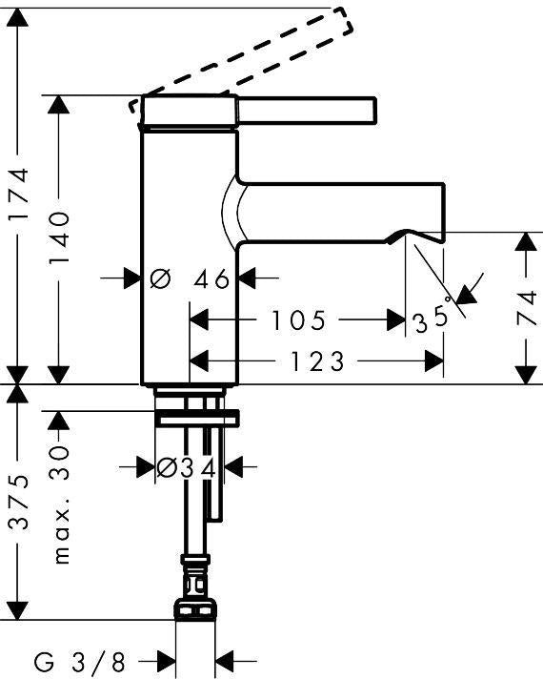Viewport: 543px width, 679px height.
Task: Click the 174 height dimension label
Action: [x=19, y=195]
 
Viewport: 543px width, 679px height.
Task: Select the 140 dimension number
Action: [x=59, y=238]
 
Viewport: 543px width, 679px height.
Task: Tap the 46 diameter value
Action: [x=211, y=278]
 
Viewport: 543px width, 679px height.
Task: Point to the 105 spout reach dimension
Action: [x=298, y=320]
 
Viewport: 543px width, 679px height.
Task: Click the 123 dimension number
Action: [x=317, y=361]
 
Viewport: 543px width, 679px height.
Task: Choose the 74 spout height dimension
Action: [x=527, y=308]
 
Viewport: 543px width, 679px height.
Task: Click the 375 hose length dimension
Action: [x=19, y=503]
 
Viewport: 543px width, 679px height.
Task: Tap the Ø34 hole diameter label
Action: [x=186, y=467]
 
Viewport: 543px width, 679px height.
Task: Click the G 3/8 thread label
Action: [x=80, y=662]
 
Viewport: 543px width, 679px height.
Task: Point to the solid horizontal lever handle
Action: [x=307, y=111]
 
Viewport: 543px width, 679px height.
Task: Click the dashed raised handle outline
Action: [x=241, y=61]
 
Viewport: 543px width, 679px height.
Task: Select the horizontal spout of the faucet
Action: [x=342, y=212]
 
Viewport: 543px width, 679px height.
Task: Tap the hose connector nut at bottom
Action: [x=194, y=609]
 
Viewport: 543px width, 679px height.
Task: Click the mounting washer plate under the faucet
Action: [x=197, y=419]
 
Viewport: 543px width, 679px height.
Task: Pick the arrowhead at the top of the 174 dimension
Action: [x=17, y=17]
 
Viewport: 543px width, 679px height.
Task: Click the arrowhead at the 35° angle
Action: [x=467, y=295]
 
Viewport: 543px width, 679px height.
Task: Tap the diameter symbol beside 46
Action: [x=161, y=278]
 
